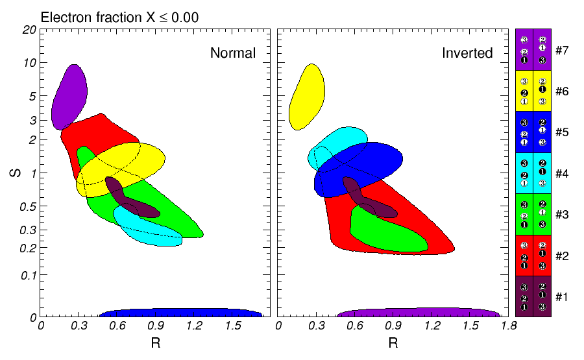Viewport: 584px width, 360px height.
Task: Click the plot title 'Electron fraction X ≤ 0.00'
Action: pos(119,18)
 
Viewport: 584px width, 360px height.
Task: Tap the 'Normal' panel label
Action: pos(233,53)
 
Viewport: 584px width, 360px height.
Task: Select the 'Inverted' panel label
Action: pos(468,53)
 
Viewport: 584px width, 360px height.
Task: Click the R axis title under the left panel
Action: pos(155,343)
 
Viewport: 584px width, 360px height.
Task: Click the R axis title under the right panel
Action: pos(393,343)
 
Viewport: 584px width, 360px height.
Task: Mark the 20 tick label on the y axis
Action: pos(29,30)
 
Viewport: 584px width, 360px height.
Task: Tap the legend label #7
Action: pos(563,50)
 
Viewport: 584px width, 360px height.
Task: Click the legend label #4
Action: pos(563,173)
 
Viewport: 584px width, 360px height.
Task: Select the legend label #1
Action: pos(563,296)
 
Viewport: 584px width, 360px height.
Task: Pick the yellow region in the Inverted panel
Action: pos(306,95)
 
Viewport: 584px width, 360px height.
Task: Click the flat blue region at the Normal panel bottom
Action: pos(182,313)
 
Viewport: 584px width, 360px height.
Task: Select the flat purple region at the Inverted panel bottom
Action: pos(419,313)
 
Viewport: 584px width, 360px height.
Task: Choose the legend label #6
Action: pos(563,91)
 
